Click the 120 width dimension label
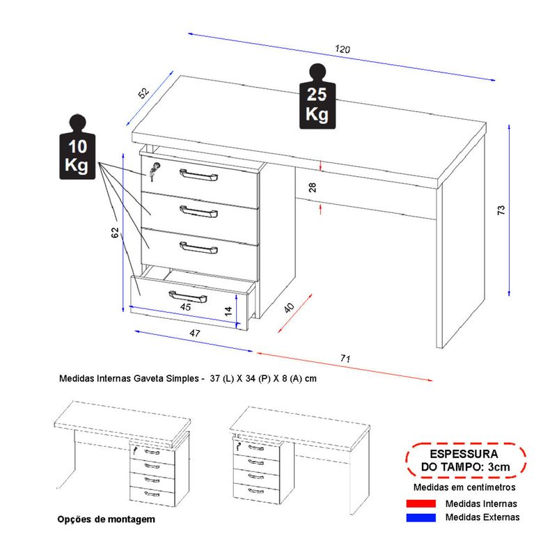342,50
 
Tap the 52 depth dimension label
143,93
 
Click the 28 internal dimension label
312,187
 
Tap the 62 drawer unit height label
116,233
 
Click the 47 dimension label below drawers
194,334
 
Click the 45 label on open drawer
186,307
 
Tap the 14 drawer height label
228,311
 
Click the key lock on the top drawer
154,169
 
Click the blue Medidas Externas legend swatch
418,517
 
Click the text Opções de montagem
105,519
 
